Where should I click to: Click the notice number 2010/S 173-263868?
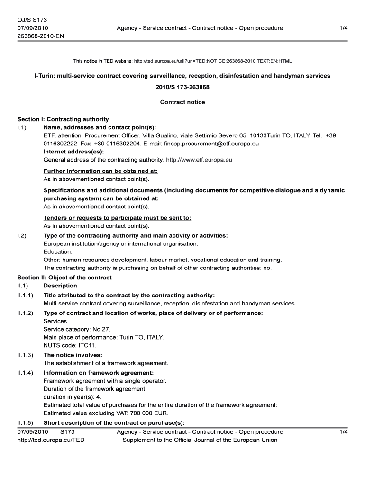[182, 88]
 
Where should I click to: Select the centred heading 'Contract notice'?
[182, 102]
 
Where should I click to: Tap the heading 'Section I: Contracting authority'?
[63, 119]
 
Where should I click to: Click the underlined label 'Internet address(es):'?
[73, 152]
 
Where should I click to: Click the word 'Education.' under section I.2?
[58, 251]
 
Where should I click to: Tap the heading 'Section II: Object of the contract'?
[64, 278]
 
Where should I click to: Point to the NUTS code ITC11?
[80, 345]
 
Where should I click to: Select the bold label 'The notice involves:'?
[73, 355]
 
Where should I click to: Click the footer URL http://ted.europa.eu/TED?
[51, 440]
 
